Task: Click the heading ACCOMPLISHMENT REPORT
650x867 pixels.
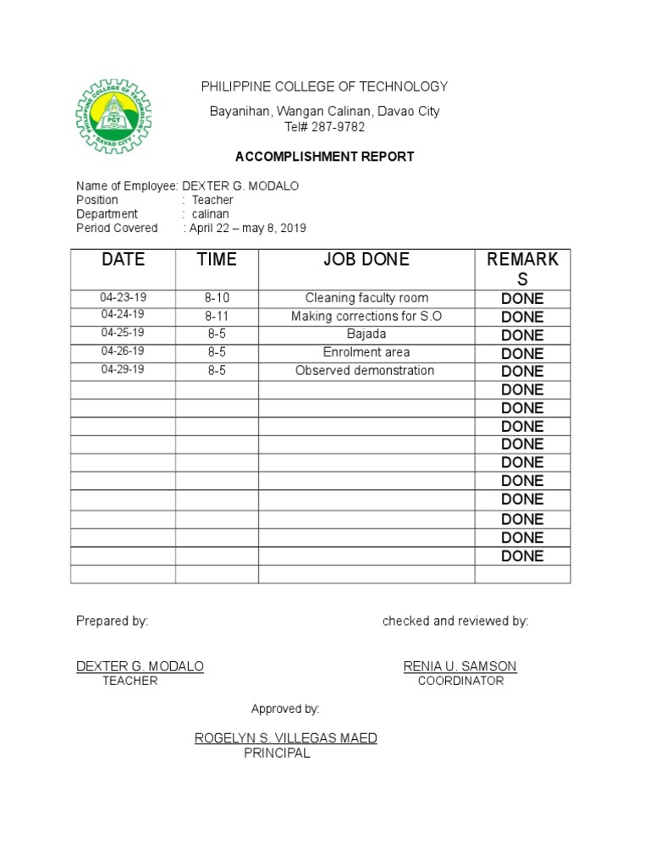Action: tap(324, 157)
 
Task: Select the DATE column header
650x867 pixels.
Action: tap(123, 260)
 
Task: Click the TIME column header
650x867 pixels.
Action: tap(217, 260)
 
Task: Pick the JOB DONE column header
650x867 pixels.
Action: tap(366, 260)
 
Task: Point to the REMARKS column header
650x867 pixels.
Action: tap(522, 268)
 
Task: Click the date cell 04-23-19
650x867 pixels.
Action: tap(123, 297)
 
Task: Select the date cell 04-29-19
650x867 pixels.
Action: tap(123, 370)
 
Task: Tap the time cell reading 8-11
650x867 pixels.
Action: tap(217, 316)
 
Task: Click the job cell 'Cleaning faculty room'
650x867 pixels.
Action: tap(366, 298)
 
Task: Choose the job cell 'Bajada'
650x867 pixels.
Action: tap(366, 334)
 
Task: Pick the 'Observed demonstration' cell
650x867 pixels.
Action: tap(365, 371)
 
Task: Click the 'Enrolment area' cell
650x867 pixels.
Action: tap(366, 352)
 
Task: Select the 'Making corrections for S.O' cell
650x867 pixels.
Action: tap(366, 316)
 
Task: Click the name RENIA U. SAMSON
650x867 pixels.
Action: tap(460, 666)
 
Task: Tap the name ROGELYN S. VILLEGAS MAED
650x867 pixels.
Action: tap(286, 738)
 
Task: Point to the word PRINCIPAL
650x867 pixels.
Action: tap(277, 753)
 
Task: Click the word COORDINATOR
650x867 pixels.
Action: tap(460, 681)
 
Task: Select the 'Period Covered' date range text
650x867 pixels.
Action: tap(247, 229)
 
